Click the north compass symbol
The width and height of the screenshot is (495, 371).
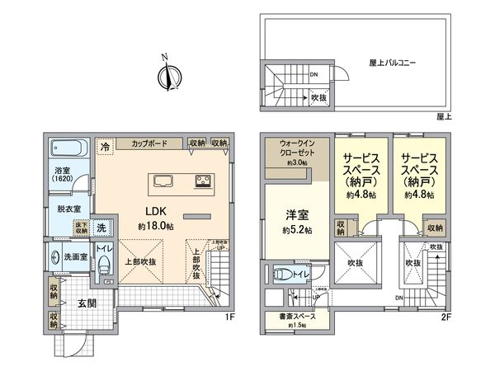click(168, 77)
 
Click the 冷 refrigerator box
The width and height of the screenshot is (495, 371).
click(105, 145)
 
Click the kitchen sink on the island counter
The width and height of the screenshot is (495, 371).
click(163, 181)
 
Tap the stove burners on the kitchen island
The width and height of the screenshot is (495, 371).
click(203, 181)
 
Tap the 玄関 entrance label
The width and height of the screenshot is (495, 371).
click(85, 303)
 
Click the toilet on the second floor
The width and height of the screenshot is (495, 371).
click(285, 275)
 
